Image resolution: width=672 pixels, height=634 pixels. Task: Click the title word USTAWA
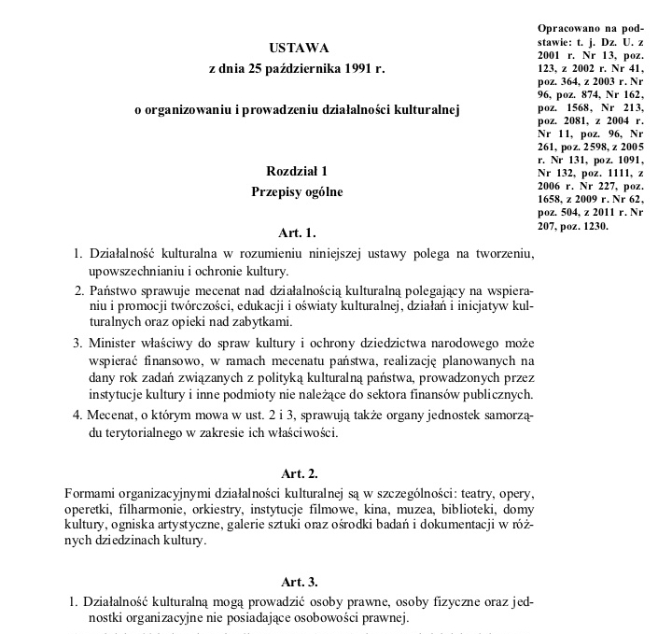click(299, 47)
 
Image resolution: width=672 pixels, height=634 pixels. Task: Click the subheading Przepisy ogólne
click(299, 192)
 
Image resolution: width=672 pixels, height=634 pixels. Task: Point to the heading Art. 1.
click(299, 231)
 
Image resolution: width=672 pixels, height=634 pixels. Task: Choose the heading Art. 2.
click(299, 473)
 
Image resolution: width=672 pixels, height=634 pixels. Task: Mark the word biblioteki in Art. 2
click(466, 510)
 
